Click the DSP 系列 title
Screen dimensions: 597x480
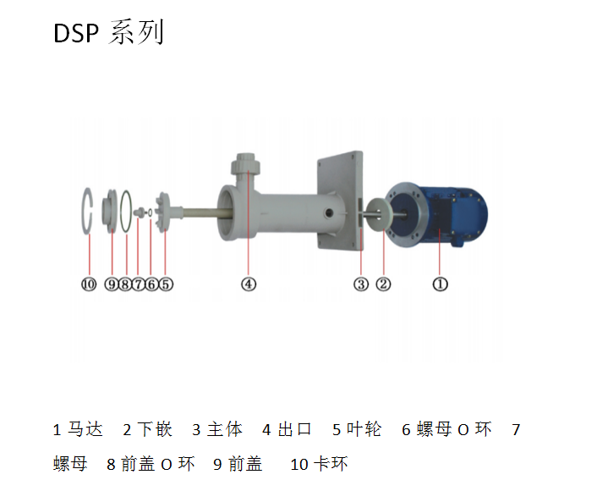[108, 33]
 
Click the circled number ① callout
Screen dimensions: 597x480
[440, 284]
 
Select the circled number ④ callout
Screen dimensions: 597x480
[249, 284]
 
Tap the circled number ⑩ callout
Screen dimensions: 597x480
[89, 284]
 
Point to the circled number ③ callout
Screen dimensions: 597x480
[361, 284]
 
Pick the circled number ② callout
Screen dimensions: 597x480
[383, 284]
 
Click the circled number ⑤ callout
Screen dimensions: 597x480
[166, 284]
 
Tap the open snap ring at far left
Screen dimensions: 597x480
[87, 211]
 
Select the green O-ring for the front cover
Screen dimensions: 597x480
[126, 212]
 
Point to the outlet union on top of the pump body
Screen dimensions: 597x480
[245, 165]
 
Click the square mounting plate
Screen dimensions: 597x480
[340, 201]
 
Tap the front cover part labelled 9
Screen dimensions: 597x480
[111, 211]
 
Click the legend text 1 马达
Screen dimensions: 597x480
[78, 430]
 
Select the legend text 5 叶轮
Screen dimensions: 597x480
[357, 430]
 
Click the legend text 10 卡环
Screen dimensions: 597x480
[319, 465]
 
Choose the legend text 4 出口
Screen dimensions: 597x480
[287, 430]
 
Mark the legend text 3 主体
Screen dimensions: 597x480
[217, 430]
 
